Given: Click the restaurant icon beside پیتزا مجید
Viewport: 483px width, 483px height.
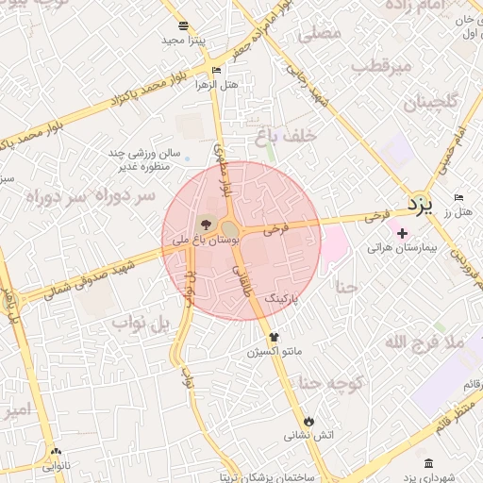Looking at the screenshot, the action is pyautogui.click(x=183, y=25).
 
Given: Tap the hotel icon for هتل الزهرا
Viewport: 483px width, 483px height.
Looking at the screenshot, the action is pyautogui.click(x=217, y=71).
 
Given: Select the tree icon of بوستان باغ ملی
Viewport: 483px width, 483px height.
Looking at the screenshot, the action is pyautogui.click(x=207, y=225).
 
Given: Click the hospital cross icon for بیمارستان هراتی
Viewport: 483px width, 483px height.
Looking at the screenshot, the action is pyautogui.click(x=403, y=232).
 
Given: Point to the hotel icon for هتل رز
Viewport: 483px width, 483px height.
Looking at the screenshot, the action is pyautogui.click(x=458, y=197).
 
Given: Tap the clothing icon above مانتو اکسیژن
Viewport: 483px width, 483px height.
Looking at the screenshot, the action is pyautogui.click(x=274, y=336).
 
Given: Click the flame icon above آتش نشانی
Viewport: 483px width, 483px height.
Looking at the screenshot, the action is pyautogui.click(x=308, y=420).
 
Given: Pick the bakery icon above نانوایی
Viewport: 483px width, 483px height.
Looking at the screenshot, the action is pyautogui.click(x=56, y=452).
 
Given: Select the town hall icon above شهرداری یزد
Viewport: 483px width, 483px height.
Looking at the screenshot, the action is pyautogui.click(x=429, y=463).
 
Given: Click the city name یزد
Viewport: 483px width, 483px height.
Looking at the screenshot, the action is pyautogui.click(x=419, y=203).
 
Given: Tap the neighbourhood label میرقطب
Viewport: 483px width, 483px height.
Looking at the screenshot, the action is pyautogui.click(x=383, y=66).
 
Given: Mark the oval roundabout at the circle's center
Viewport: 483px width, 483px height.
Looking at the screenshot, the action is pyautogui.click(x=229, y=228).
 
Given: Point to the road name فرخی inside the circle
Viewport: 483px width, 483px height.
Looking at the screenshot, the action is pyautogui.click(x=275, y=228).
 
